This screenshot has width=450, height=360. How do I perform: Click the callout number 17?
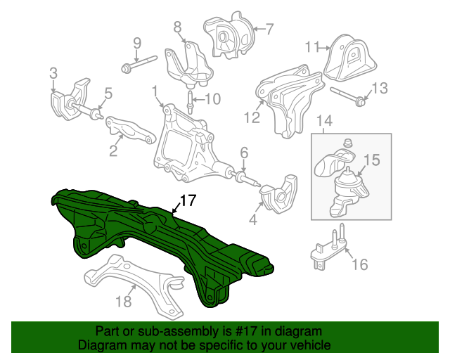(188, 200)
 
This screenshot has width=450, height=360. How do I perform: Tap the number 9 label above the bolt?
(137, 44)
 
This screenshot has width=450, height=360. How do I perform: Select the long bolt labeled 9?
(139, 64)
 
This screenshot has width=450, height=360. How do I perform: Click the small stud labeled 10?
(190, 102)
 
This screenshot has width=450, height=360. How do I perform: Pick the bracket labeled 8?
(188, 65)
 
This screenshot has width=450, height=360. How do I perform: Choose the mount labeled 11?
(350, 59)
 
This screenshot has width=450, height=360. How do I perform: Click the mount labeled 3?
(70, 99)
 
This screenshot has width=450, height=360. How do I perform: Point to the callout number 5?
(108, 94)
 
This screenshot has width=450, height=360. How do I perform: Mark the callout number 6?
(244, 153)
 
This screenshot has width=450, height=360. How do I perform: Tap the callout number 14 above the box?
(325, 120)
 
